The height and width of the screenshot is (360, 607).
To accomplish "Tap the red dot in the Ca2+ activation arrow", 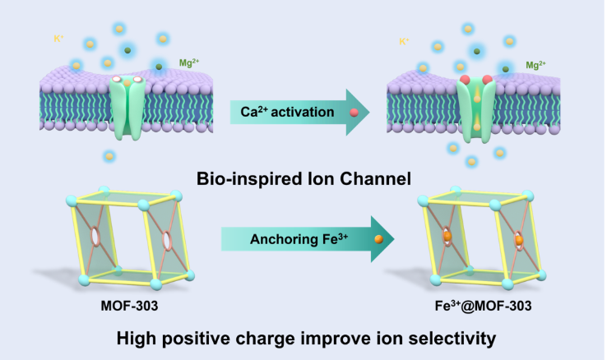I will (354, 113).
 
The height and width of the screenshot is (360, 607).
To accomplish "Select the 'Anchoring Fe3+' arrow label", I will (289, 238).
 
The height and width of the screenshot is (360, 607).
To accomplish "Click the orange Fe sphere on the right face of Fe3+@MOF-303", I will (520, 241).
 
